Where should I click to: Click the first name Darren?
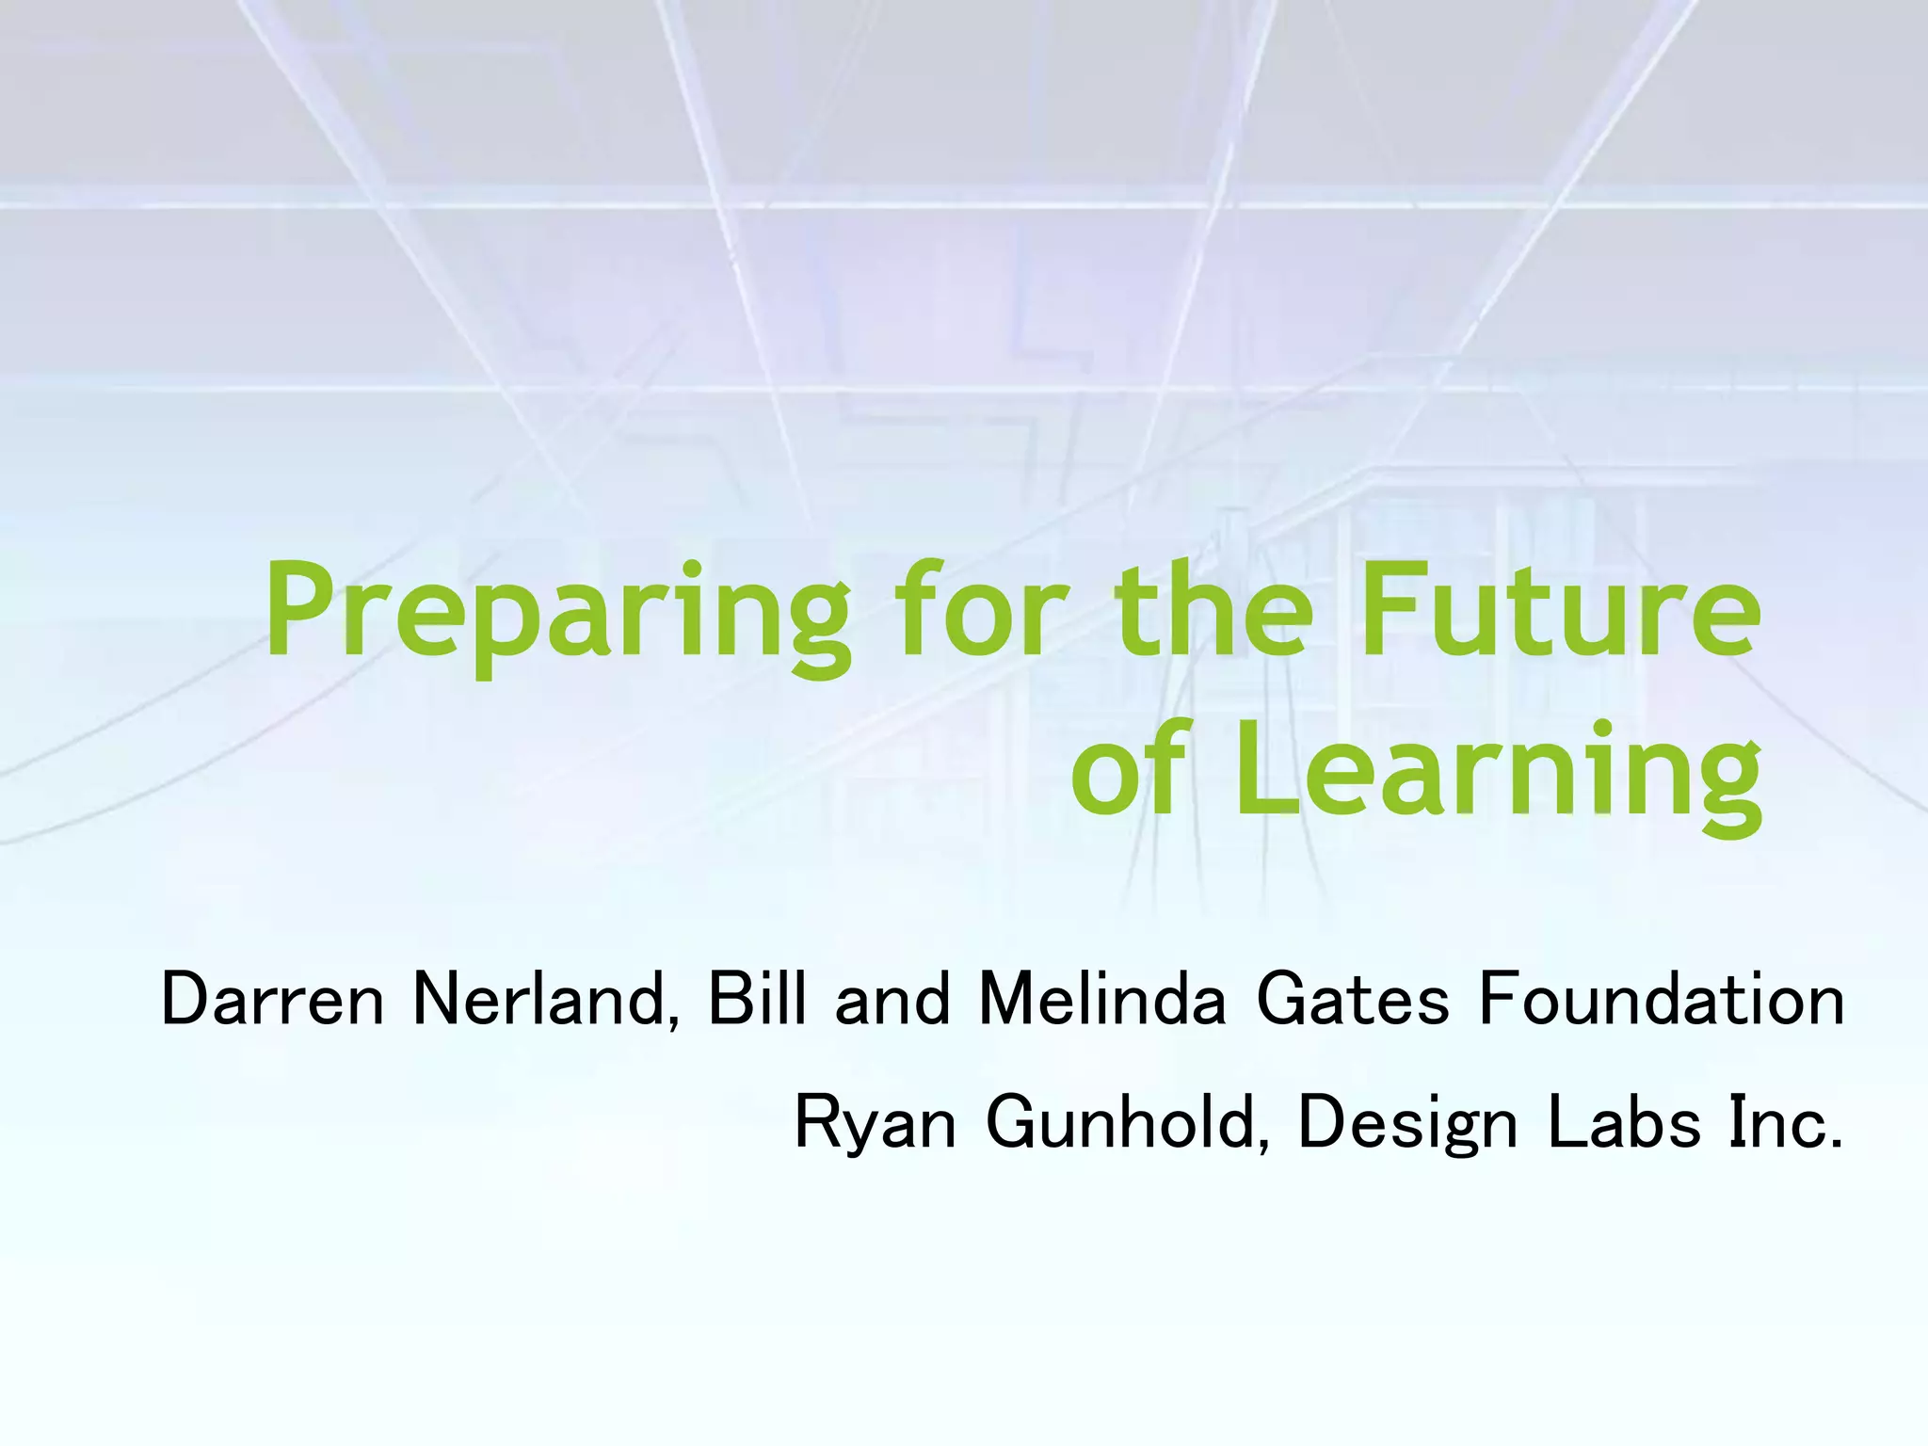(273, 1000)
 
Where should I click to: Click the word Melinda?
(1102, 1000)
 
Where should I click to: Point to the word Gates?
(1352, 1000)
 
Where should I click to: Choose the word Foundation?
(1662, 1000)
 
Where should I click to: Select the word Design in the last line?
(1407, 1125)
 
